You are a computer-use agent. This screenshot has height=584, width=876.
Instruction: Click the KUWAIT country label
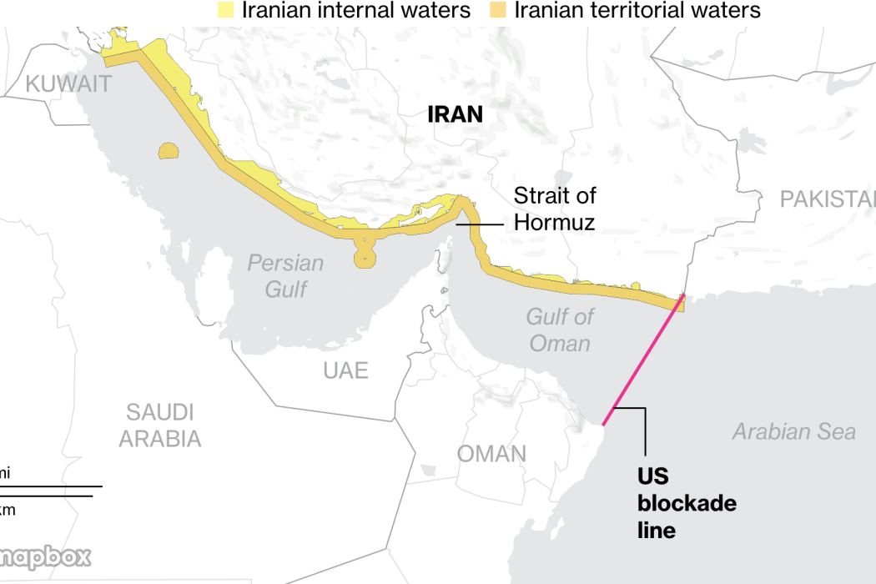[68, 83]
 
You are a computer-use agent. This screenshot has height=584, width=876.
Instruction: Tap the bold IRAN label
[455, 114]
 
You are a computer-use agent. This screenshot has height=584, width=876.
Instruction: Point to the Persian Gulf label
[285, 275]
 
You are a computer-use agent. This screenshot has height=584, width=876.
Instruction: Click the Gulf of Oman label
[560, 330]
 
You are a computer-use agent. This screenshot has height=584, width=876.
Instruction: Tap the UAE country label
[345, 370]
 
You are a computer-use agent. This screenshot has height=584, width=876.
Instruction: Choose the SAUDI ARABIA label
[160, 425]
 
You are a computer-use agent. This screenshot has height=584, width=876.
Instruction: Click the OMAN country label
[491, 454]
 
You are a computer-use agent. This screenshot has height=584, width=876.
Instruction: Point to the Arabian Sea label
[793, 431]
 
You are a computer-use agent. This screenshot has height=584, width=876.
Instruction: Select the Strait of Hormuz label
[555, 209]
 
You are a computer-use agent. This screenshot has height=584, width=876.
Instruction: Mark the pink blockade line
[643, 359]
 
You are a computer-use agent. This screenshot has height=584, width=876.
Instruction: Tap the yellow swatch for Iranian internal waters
[225, 10]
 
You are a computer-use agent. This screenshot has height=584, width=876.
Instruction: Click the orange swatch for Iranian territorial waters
[498, 10]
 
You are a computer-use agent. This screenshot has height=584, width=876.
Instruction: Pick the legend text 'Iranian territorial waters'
[637, 10]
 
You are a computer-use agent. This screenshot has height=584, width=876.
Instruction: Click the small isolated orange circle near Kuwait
[169, 152]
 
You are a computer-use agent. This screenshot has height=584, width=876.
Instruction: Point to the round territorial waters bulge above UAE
[365, 254]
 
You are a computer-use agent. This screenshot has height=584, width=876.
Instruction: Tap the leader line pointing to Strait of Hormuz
[480, 224]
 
